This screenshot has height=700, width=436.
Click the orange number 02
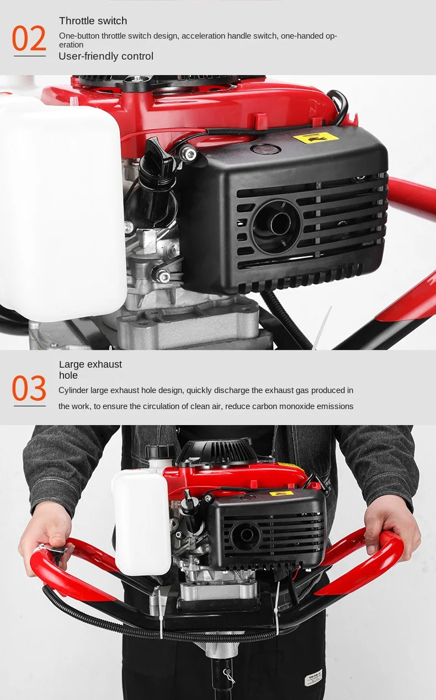click(x=29, y=38)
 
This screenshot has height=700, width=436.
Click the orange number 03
click(x=29, y=388)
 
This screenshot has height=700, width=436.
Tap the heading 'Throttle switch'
click(x=93, y=21)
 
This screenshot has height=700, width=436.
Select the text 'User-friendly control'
click(x=106, y=56)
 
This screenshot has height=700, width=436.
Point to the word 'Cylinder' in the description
click(x=73, y=390)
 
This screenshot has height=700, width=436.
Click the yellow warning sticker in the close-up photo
click(x=316, y=138)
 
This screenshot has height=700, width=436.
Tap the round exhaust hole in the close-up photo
click(x=277, y=224)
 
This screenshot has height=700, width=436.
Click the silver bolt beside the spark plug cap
click(x=188, y=153)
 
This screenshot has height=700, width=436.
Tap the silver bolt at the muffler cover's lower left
click(x=163, y=276)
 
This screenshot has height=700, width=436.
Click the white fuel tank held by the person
click(x=142, y=522)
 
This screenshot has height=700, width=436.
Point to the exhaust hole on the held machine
click(x=246, y=536)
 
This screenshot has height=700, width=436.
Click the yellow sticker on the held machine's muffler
click(x=281, y=494)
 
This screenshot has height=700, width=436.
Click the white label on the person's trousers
click(x=313, y=677)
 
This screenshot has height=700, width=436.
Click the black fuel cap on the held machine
click(x=160, y=452)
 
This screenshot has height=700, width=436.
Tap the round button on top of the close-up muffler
click(x=265, y=149)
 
